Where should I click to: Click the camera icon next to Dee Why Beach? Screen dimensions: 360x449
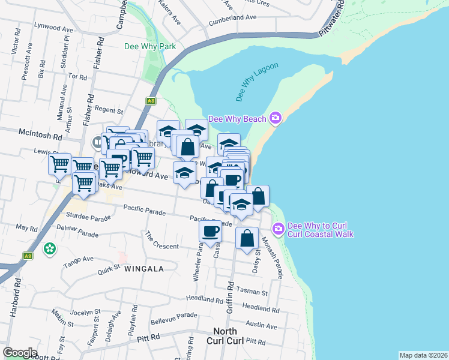coord(276,119)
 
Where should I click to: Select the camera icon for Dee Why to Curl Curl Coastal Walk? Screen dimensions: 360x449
coord(278,229)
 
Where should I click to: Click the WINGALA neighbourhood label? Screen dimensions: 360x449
coord(143,269)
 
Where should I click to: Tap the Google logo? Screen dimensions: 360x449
coord(20,353)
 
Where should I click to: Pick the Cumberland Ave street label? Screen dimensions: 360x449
coord(232,18)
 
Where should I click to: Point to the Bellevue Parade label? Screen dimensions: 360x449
coord(173,315)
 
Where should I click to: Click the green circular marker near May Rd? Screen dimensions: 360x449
coord(50,247)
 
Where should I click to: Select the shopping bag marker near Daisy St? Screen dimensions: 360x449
coord(247,238)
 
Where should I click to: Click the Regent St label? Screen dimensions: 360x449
coord(108,110)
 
